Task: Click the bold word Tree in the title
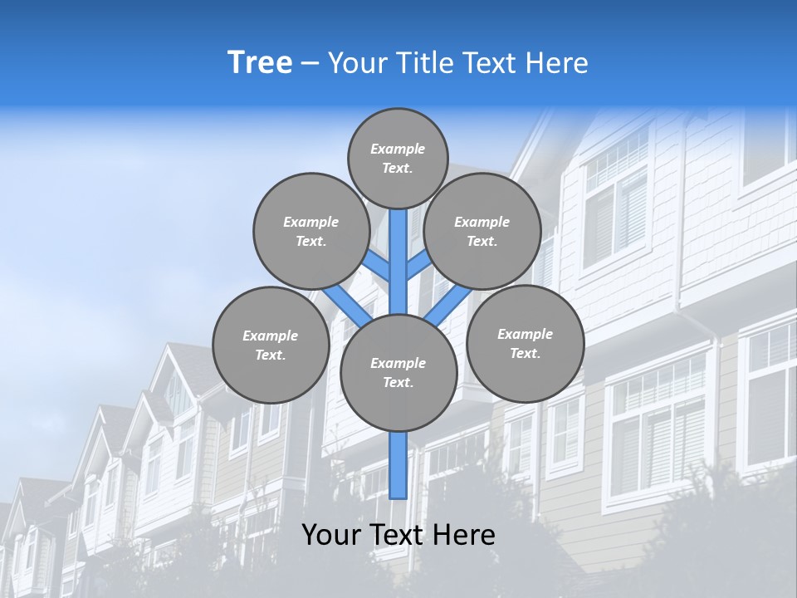click(260, 62)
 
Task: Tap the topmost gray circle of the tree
click(398, 158)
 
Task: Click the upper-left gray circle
click(311, 231)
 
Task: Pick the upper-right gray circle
click(482, 231)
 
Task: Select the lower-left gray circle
click(271, 345)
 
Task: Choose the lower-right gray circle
click(525, 343)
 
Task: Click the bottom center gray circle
click(398, 372)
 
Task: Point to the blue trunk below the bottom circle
click(398, 465)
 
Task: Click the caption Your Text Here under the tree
click(398, 535)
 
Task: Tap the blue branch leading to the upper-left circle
click(377, 265)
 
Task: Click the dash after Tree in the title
click(310, 63)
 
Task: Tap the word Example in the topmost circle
click(398, 149)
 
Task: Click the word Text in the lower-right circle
click(525, 353)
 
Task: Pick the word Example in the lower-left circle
click(270, 336)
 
